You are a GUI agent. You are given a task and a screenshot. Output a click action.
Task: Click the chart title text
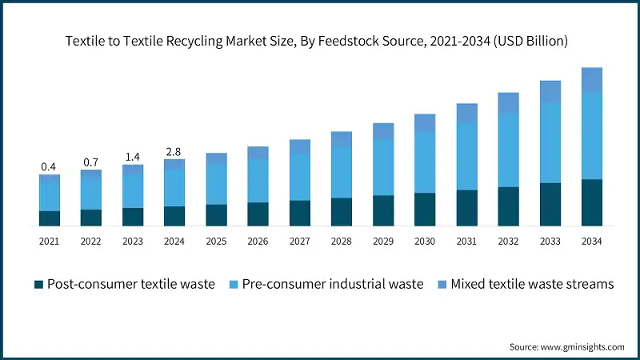coord(319,42)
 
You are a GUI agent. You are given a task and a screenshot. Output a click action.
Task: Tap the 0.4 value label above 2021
coord(49,167)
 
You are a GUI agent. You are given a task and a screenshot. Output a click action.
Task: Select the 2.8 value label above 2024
coord(174,152)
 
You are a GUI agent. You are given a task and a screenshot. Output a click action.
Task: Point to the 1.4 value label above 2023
coord(132,158)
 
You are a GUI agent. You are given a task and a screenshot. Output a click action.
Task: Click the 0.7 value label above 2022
coord(90,162)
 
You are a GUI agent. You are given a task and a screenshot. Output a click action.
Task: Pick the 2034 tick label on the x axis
coord(591,241)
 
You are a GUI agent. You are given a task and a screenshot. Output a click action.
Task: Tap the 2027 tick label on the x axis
coord(299,241)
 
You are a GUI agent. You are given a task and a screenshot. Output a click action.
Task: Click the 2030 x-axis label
coord(424,241)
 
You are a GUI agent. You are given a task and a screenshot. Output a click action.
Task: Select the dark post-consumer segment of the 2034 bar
coord(591,202)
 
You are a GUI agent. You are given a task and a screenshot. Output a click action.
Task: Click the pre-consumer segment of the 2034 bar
coord(591,135)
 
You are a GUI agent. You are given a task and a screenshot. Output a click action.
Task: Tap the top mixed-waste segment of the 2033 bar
coord(550,91)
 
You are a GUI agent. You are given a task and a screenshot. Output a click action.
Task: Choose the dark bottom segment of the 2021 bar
coord(49,218)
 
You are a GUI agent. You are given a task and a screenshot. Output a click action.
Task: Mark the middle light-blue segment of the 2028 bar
coord(341,172)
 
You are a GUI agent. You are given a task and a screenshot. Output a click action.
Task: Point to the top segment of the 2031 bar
coord(466,113)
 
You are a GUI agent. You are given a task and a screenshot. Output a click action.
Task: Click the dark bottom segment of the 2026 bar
coord(258,214)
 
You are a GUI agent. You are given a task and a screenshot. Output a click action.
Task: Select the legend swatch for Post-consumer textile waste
coord(38,284)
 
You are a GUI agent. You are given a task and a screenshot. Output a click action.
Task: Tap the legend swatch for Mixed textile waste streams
coord(441,284)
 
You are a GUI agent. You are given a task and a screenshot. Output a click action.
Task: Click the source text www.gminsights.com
coord(583,346)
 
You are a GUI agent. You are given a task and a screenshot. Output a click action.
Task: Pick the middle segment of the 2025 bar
coord(216,184)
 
